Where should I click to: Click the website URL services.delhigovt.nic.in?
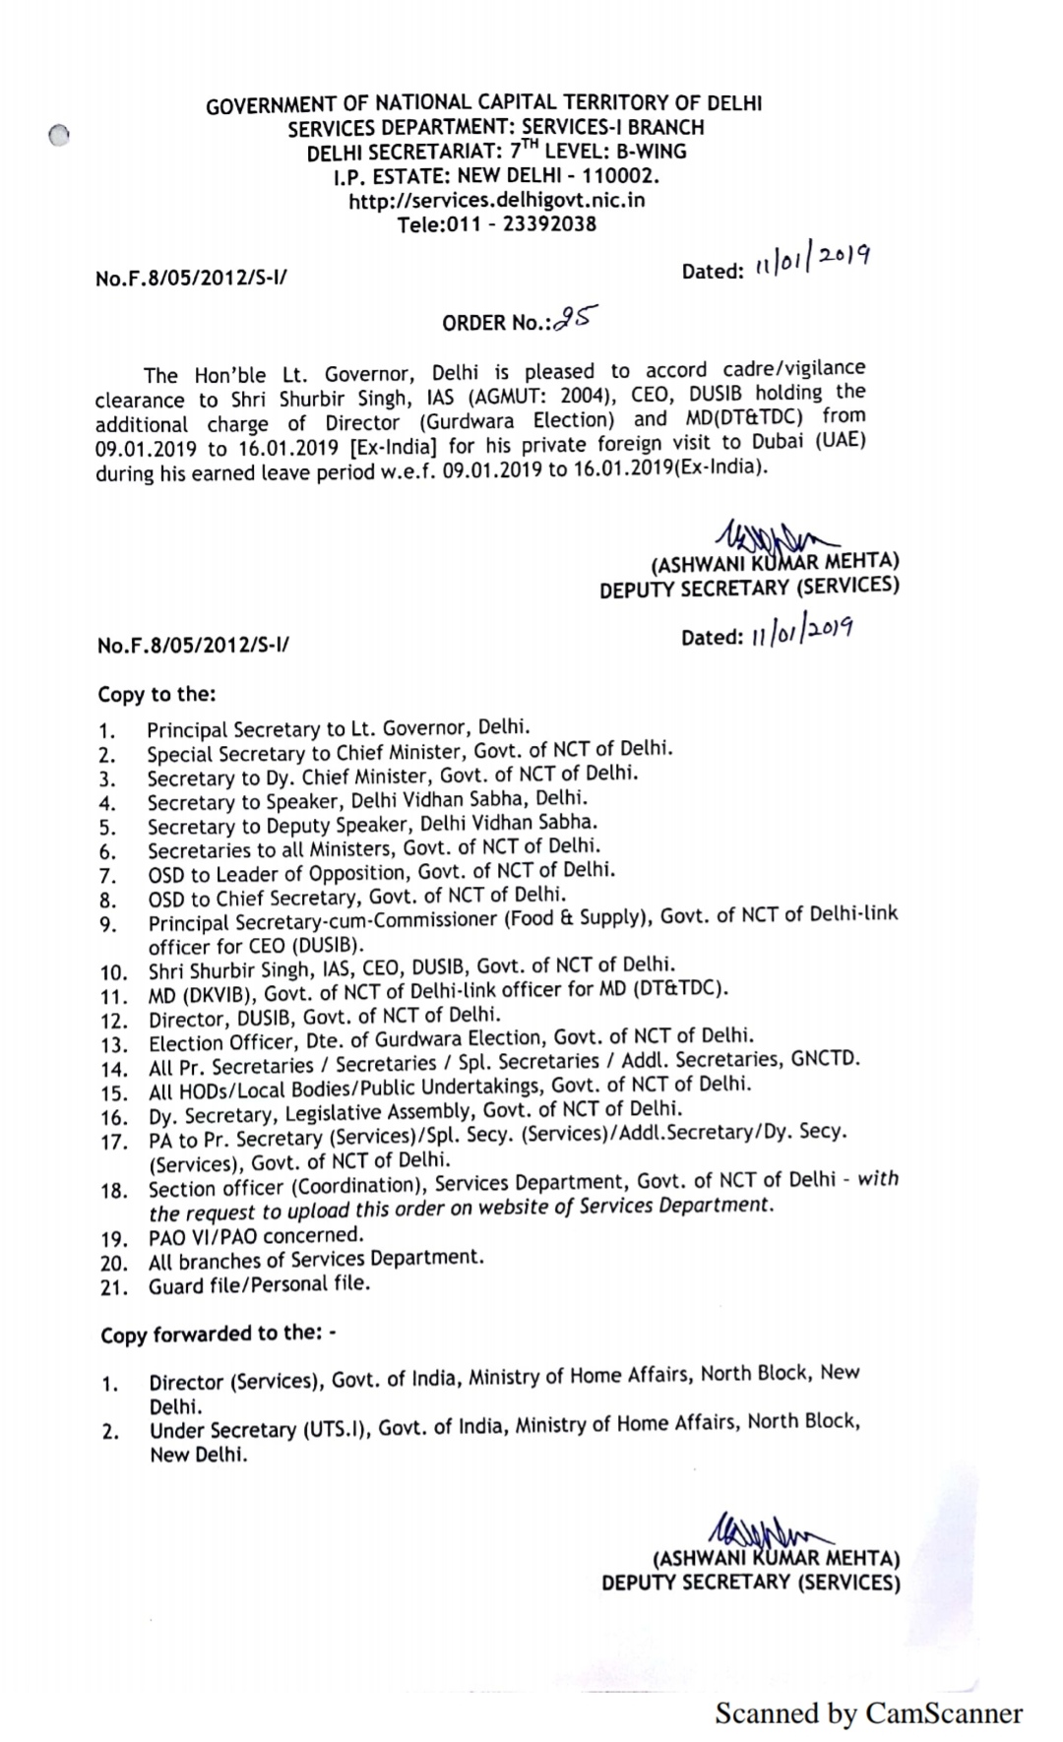click(x=497, y=200)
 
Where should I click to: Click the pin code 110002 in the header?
click(x=618, y=176)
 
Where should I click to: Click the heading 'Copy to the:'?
click(x=156, y=694)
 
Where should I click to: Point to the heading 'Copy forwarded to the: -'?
click(x=219, y=1335)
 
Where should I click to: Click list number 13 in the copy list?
click(x=114, y=1045)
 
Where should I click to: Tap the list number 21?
click(x=114, y=1287)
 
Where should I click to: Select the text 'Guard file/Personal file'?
click(x=259, y=1284)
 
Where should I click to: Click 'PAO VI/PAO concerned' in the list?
click(x=256, y=1235)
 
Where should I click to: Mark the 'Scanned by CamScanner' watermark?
click(x=868, y=1713)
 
